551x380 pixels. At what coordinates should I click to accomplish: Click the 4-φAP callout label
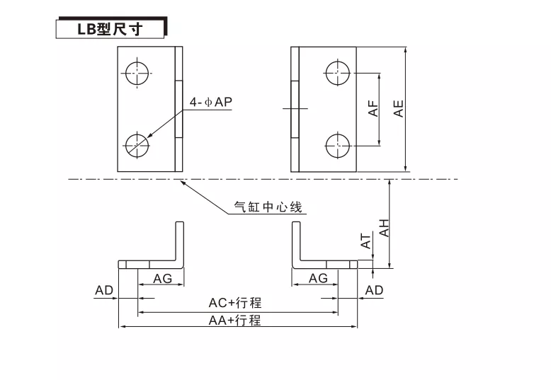(210, 102)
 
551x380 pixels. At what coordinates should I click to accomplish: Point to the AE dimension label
(399, 108)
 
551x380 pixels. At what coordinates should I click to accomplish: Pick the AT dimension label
(366, 241)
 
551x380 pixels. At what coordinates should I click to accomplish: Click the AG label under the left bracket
(162, 278)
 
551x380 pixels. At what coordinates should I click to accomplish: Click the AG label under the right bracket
(318, 278)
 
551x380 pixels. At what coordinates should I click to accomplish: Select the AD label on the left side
(104, 290)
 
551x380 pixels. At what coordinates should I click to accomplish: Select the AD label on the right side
(374, 290)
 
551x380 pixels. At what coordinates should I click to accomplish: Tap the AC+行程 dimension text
(235, 303)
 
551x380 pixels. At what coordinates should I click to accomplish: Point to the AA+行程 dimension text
(235, 320)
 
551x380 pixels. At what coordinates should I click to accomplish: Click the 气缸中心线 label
(268, 208)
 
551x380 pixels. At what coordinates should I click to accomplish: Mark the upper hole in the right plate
(338, 71)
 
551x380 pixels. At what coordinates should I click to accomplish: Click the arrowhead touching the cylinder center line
(183, 182)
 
